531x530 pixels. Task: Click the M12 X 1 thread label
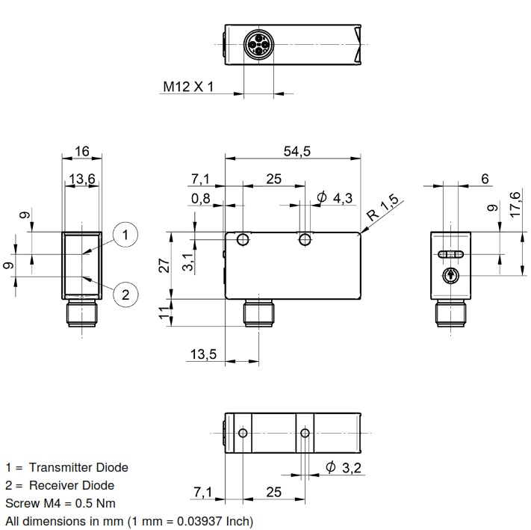click(189, 87)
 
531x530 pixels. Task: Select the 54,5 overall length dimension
click(296, 152)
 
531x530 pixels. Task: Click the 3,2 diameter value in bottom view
click(349, 468)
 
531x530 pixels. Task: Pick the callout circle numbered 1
click(125, 235)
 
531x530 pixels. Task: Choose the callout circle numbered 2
click(125, 294)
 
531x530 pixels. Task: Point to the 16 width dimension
click(81, 152)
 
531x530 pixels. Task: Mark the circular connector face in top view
click(258, 47)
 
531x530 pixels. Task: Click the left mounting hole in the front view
click(243, 241)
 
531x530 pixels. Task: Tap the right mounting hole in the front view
click(305, 241)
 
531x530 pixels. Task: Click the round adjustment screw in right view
click(450, 276)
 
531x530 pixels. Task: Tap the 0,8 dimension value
click(200, 198)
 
